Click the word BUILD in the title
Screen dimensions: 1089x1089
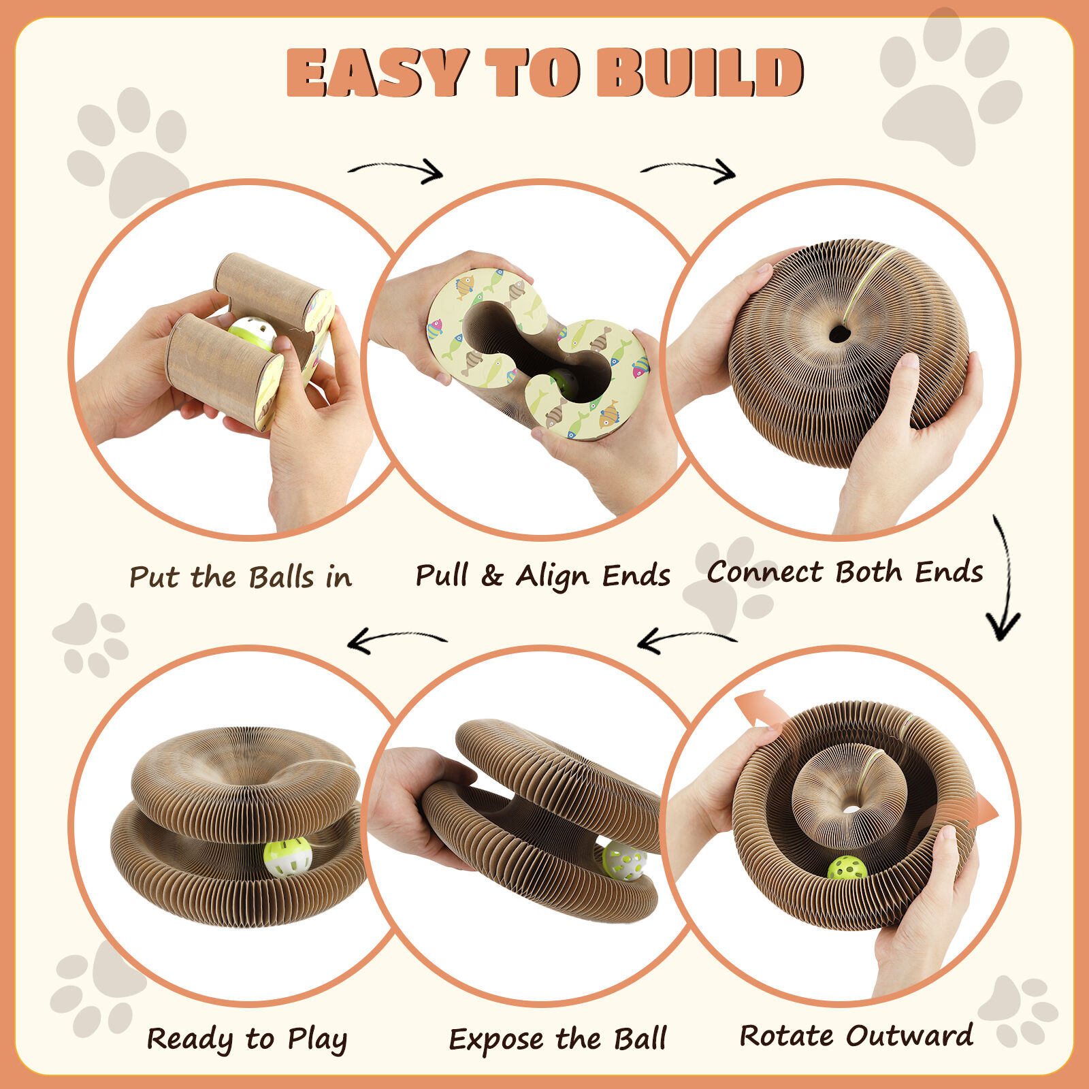click(700, 72)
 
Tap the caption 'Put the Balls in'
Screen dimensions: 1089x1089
click(241, 577)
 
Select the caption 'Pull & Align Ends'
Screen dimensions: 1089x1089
click(542, 576)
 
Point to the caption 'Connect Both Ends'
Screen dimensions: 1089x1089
click(845, 572)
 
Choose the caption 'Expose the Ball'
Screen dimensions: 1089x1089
click(557, 1039)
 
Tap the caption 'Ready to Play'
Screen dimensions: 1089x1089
click(247, 1039)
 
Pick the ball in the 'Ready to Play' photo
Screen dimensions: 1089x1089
click(288, 857)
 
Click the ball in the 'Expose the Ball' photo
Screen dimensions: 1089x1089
click(624, 860)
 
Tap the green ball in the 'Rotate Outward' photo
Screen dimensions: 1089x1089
click(847, 868)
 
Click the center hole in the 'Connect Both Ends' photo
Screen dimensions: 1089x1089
click(839, 334)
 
